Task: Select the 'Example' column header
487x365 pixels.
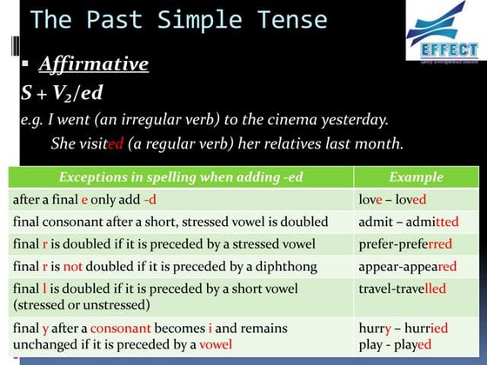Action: [417, 176]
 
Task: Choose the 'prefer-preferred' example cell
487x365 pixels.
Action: [405, 244]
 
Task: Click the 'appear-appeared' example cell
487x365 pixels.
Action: [407, 266]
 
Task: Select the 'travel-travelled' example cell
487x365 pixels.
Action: [402, 288]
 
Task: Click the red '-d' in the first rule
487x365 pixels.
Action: [150, 200]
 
